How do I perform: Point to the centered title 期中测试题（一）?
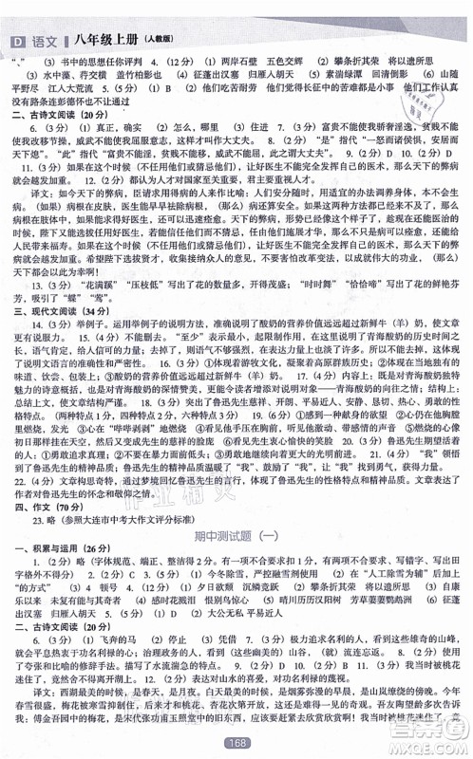(236, 538)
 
